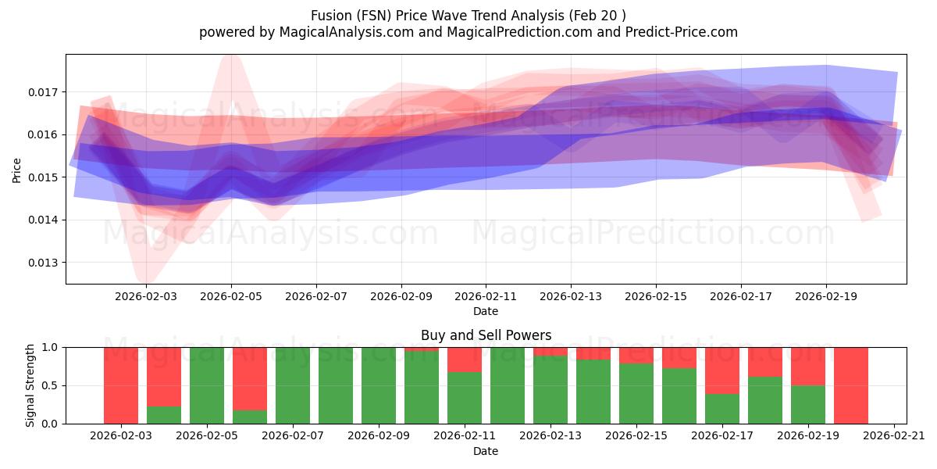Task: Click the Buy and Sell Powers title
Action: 486,335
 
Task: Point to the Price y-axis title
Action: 16,169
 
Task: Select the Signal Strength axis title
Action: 30,385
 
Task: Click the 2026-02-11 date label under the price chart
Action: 486,297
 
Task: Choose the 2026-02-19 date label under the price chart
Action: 826,297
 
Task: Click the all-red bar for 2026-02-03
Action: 121,385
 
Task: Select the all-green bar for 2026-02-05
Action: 207,385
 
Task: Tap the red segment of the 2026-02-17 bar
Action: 722,371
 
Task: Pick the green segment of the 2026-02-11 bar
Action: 465,398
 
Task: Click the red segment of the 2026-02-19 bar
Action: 808,366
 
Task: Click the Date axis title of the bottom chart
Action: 486,451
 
